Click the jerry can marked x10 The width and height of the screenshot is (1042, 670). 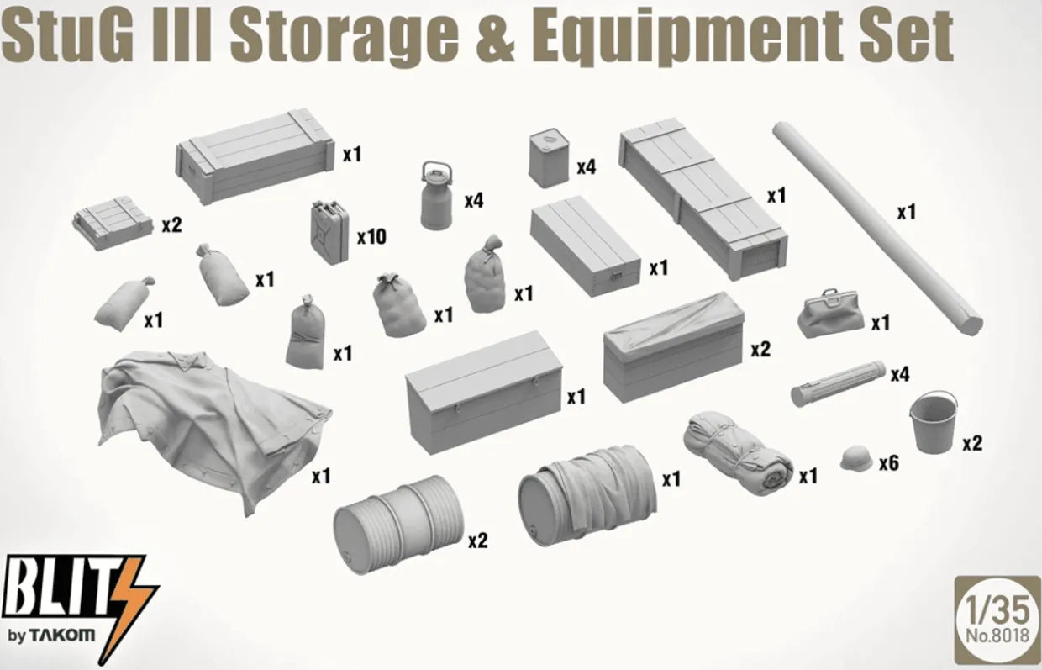pyautogui.click(x=329, y=232)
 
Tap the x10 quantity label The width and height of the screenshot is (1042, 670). pyautogui.click(x=371, y=237)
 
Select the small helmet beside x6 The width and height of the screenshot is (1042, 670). pyautogui.click(x=856, y=458)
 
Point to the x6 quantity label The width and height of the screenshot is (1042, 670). pyautogui.click(x=889, y=463)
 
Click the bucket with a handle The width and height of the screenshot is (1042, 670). pyautogui.click(x=933, y=422)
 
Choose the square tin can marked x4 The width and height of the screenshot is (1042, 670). pyautogui.click(x=550, y=158)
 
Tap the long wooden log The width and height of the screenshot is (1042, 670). pyautogui.click(x=878, y=228)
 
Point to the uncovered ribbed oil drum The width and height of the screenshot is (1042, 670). pyautogui.click(x=398, y=525)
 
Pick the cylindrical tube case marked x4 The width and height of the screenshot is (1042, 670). pyautogui.click(x=838, y=384)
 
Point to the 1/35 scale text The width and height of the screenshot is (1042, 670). pyautogui.click(x=997, y=610)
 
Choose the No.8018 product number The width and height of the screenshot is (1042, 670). pyautogui.click(x=997, y=636)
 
